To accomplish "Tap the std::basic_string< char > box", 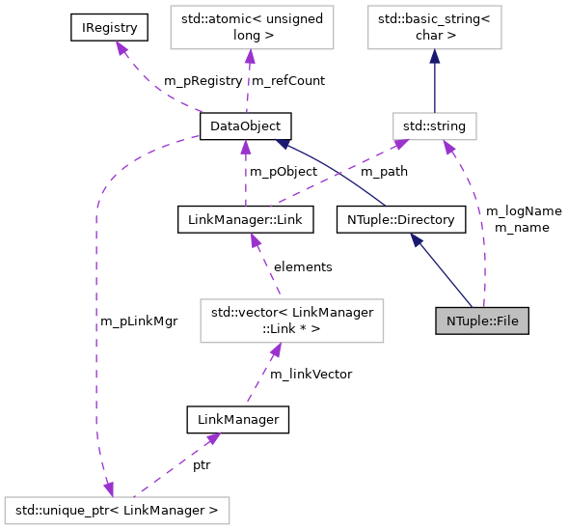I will (x=434, y=29).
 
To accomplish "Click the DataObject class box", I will (x=245, y=126).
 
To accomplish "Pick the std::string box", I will (x=434, y=126).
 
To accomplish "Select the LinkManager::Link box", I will (x=246, y=220).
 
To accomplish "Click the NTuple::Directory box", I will (x=400, y=220).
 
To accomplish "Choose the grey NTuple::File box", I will (x=483, y=321).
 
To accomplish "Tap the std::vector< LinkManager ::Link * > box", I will (x=290, y=321).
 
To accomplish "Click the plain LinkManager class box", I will (x=237, y=419).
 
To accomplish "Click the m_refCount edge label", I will (x=287, y=80).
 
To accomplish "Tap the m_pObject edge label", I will (x=284, y=171).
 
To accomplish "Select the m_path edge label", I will (x=384, y=171).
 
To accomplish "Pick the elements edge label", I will (x=303, y=266).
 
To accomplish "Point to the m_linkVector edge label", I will (x=311, y=374).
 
